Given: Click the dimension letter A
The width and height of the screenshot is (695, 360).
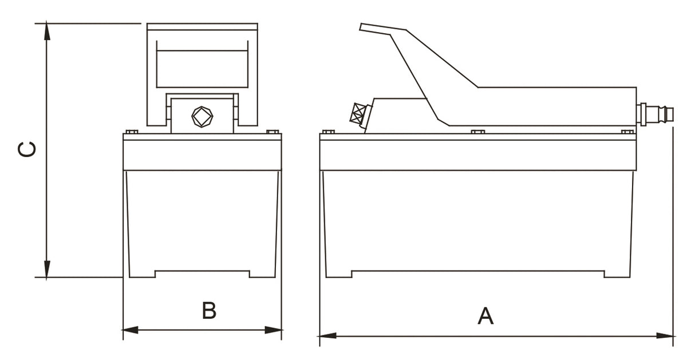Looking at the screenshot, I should coord(485,316).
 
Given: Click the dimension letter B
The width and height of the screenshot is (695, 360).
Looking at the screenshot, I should coord(209,310).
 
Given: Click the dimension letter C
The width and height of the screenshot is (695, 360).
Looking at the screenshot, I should coord(27,149).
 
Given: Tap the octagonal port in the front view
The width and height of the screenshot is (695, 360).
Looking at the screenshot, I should coord(202,117).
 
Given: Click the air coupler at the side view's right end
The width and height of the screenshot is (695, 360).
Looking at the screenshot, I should coord(655,114).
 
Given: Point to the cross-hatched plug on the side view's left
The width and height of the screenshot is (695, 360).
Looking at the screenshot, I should coord(358,114).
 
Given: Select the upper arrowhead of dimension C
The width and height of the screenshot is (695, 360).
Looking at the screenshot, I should coord(47,31).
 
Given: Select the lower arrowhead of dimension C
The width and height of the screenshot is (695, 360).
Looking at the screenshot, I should coord(47,270).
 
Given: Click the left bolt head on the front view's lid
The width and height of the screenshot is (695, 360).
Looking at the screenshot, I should coord(131,132).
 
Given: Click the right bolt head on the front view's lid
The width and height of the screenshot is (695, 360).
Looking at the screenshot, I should coord(273,132).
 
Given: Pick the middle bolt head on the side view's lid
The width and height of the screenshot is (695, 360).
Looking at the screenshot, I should coord(477,132).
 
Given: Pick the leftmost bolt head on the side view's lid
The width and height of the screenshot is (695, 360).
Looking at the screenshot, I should coord(329,132).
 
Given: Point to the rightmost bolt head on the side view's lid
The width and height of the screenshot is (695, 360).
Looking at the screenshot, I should coord(627,132).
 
